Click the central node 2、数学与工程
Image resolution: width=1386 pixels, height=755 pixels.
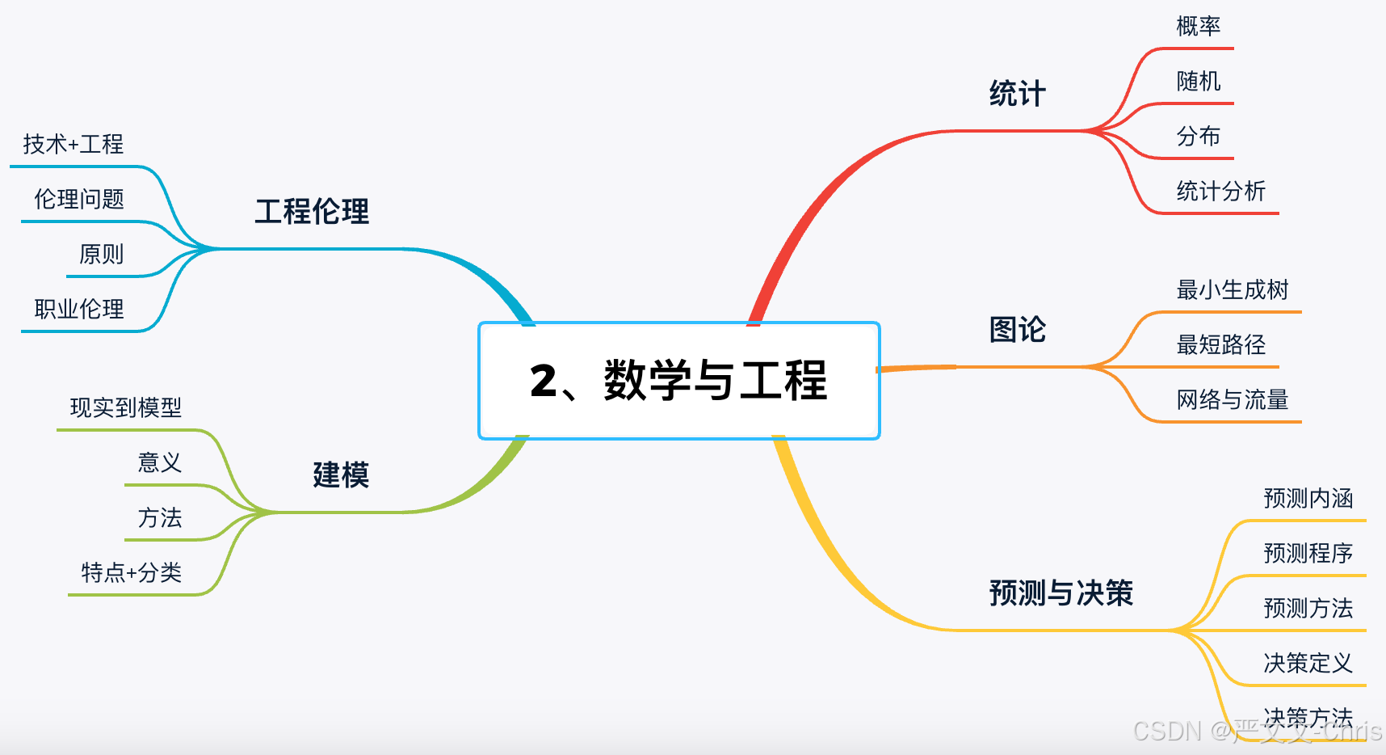678,381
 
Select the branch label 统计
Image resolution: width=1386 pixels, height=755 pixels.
1017,94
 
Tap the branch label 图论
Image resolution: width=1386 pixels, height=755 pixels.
1017,330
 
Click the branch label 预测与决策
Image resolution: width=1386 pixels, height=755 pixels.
1060,593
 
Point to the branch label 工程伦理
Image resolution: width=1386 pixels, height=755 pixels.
312,212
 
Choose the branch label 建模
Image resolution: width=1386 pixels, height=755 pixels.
340,475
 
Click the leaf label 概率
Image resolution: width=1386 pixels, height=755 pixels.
1198,27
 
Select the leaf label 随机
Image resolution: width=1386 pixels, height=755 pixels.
1198,82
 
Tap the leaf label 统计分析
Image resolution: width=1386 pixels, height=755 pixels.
1220,192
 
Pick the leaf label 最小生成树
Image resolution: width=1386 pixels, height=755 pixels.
1232,290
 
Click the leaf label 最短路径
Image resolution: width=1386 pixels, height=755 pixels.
1220,345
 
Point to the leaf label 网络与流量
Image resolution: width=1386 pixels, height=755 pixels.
1232,400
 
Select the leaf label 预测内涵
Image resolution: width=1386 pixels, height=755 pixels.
1308,499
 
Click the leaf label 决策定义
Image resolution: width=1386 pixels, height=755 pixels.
1308,664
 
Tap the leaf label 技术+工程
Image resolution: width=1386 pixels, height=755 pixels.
73,145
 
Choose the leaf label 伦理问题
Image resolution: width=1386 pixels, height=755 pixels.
78,200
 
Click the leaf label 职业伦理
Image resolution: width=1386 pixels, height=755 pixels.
78,310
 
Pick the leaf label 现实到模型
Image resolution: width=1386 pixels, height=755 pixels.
125,408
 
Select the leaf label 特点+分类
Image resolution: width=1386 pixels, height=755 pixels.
131,573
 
